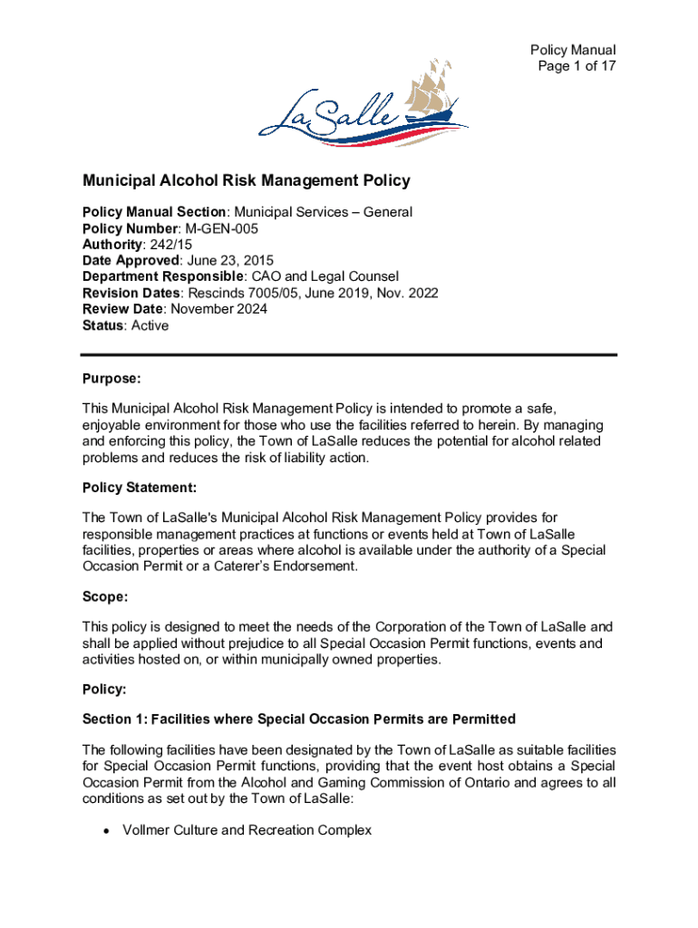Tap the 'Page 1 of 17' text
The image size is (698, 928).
tap(574, 66)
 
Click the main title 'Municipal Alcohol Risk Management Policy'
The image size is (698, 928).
tap(247, 180)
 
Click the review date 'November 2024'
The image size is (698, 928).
tap(218, 310)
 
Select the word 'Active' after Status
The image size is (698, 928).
tap(150, 326)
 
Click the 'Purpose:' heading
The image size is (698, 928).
tap(111, 378)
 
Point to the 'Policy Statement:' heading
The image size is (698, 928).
tap(139, 488)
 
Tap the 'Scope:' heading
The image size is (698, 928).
tap(105, 597)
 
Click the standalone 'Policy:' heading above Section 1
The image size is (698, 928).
tap(105, 691)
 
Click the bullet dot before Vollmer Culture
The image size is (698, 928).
tap(107, 831)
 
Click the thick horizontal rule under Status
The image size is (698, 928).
tap(349, 354)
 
